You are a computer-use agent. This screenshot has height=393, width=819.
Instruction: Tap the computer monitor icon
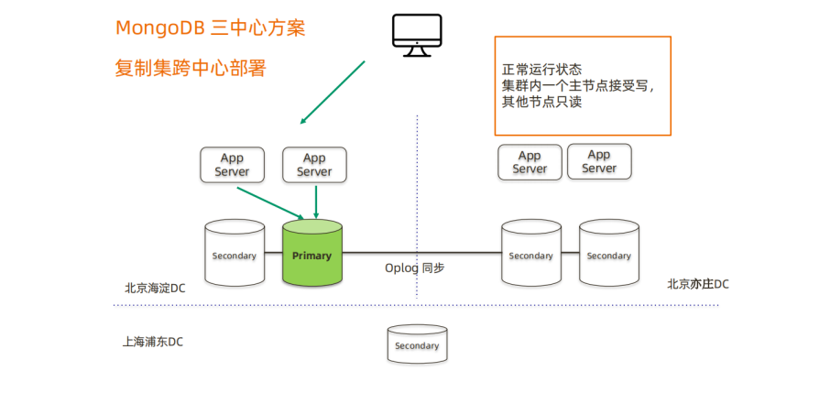coord(417,35)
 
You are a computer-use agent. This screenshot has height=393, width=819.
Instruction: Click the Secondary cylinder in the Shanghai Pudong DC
coord(417,344)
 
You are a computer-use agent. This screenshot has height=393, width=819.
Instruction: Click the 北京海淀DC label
coord(155,288)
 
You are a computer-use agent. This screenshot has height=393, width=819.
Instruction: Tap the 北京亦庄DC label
coord(698,284)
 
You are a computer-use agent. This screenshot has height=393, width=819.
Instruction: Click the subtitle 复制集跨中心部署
coord(191,68)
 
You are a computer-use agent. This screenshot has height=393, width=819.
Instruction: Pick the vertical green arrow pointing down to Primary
coord(315,201)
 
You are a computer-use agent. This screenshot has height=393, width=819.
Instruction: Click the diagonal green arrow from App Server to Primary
coord(270,203)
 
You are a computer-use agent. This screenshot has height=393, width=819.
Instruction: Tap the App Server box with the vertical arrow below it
coord(314,165)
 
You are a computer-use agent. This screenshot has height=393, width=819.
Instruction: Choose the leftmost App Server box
coord(232,165)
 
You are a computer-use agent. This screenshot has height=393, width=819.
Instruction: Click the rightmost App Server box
coord(599,162)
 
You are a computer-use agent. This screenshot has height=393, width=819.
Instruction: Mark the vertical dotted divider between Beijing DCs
coord(418,202)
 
